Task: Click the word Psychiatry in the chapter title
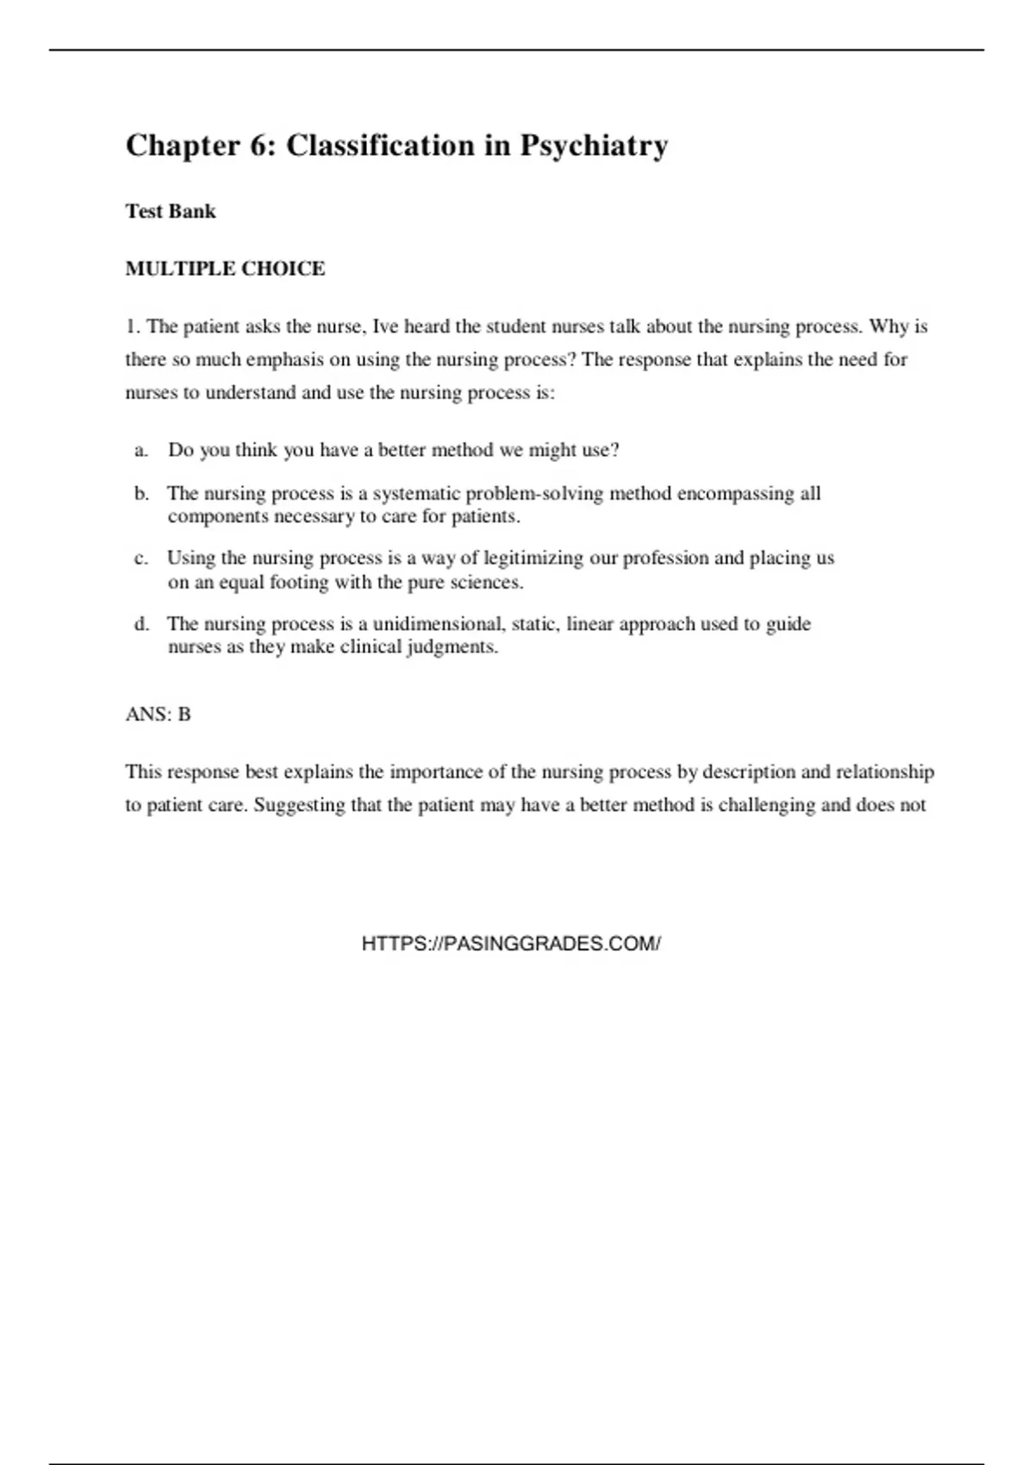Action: pos(593,146)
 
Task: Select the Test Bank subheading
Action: pos(171,211)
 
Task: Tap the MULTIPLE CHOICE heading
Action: pos(225,269)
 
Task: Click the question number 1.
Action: pos(132,327)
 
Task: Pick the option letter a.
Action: pos(140,451)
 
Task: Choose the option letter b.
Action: pos(141,494)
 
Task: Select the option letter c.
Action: pos(140,558)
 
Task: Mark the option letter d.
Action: pos(141,624)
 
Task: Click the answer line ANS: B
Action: pos(158,714)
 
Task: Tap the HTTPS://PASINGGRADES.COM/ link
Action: pos(511,944)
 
